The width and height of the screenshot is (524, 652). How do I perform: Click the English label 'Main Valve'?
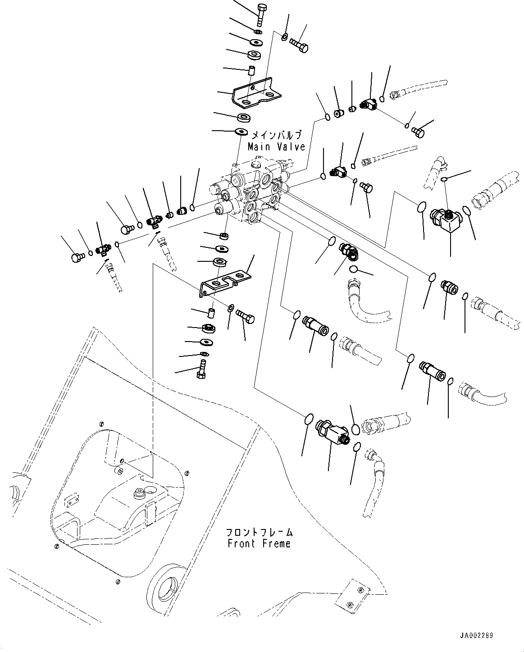(276, 147)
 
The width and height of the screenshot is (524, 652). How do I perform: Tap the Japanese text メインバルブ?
(276, 135)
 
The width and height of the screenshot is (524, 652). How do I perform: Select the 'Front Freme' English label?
(259, 544)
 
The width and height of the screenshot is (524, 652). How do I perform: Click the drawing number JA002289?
(476, 636)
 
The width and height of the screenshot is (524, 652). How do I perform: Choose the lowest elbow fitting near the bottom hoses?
(332, 432)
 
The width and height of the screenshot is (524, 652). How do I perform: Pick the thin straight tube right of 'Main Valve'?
(392, 153)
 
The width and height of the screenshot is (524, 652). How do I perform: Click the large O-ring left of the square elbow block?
(421, 207)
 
